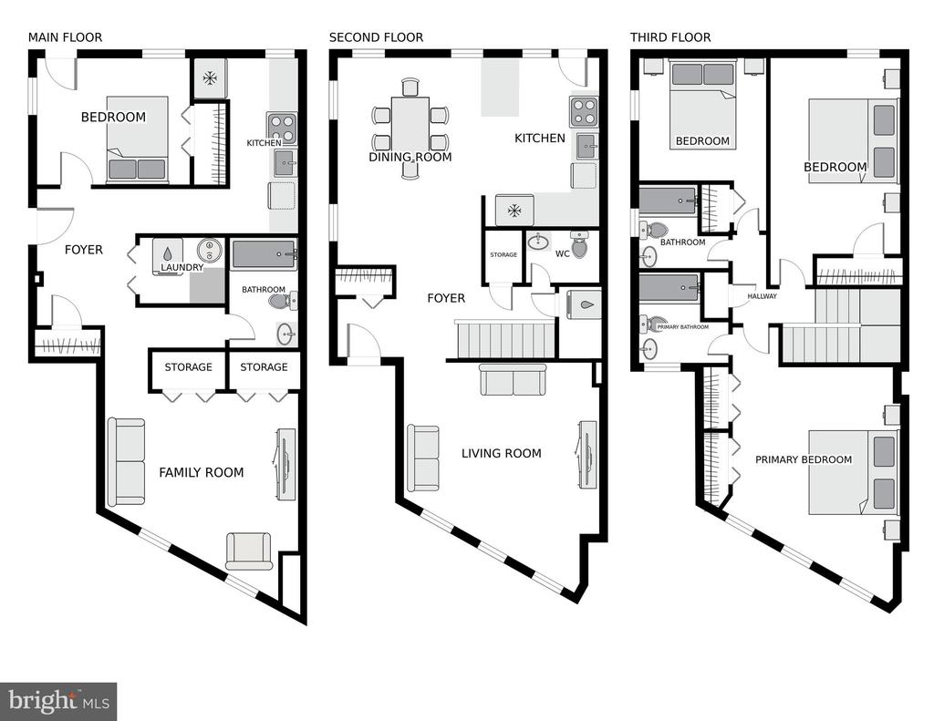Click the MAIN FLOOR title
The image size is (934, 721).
pyautogui.click(x=65, y=37)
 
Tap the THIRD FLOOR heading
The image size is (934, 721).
pyautogui.click(x=670, y=37)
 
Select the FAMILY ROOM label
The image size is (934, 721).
pyautogui.click(x=202, y=473)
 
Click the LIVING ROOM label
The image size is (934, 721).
pyautogui.click(x=502, y=454)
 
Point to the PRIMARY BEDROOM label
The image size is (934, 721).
pyautogui.click(x=804, y=459)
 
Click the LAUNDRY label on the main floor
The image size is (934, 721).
pyautogui.click(x=182, y=268)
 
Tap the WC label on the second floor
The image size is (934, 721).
pyautogui.click(x=562, y=253)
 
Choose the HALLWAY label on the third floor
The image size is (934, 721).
pyautogui.click(x=762, y=296)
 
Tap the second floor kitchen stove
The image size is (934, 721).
pyautogui.click(x=585, y=112)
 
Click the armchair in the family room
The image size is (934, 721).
pyautogui.click(x=249, y=551)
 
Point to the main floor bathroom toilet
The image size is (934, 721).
pyautogui.click(x=284, y=302)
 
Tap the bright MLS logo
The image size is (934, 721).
pyautogui.click(x=58, y=701)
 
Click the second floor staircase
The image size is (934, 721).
pyautogui.click(x=505, y=339)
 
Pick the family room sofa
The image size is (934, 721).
pyautogui.click(x=126, y=461)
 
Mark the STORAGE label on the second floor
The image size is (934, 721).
pyautogui.click(x=503, y=255)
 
